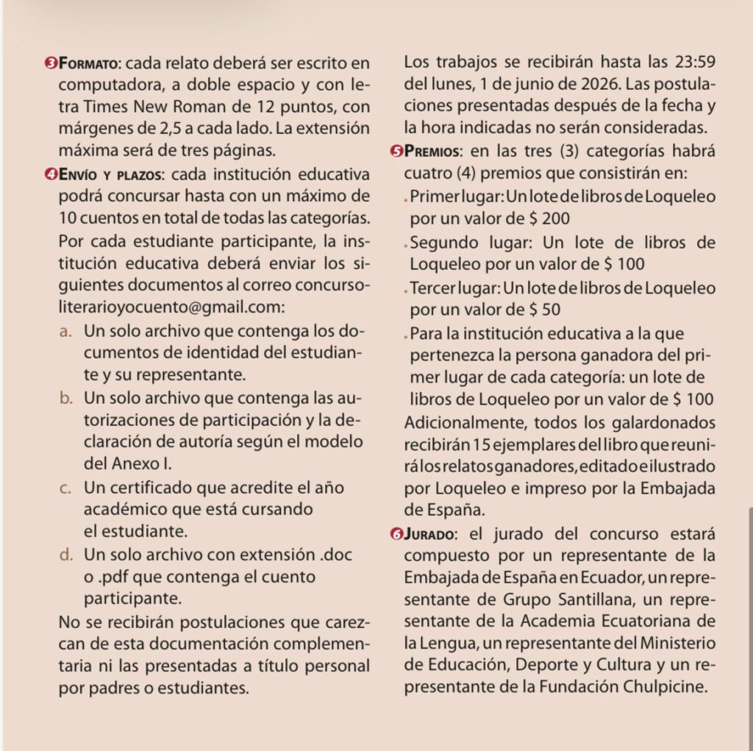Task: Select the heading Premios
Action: [x=431, y=152]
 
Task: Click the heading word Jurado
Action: [x=429, y=533]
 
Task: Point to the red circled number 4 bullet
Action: [x=50, y=175]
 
